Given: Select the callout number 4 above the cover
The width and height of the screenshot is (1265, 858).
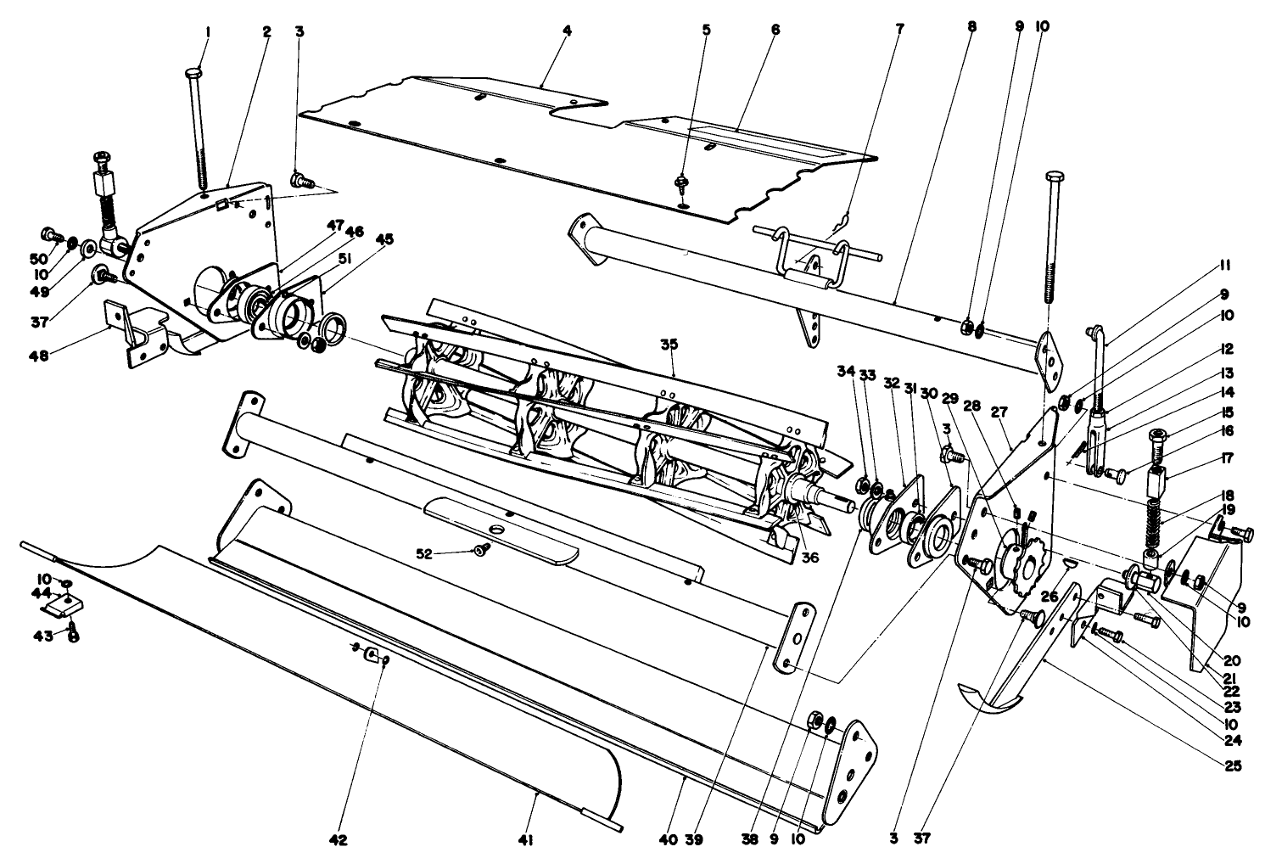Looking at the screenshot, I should [x=567, y=30].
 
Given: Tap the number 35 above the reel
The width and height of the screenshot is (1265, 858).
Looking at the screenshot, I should [x=669, y=345].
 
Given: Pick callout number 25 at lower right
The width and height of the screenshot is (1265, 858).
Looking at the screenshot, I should [x=1232, y=765].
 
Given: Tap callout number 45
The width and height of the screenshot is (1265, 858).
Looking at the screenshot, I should [x=385, y=239].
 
